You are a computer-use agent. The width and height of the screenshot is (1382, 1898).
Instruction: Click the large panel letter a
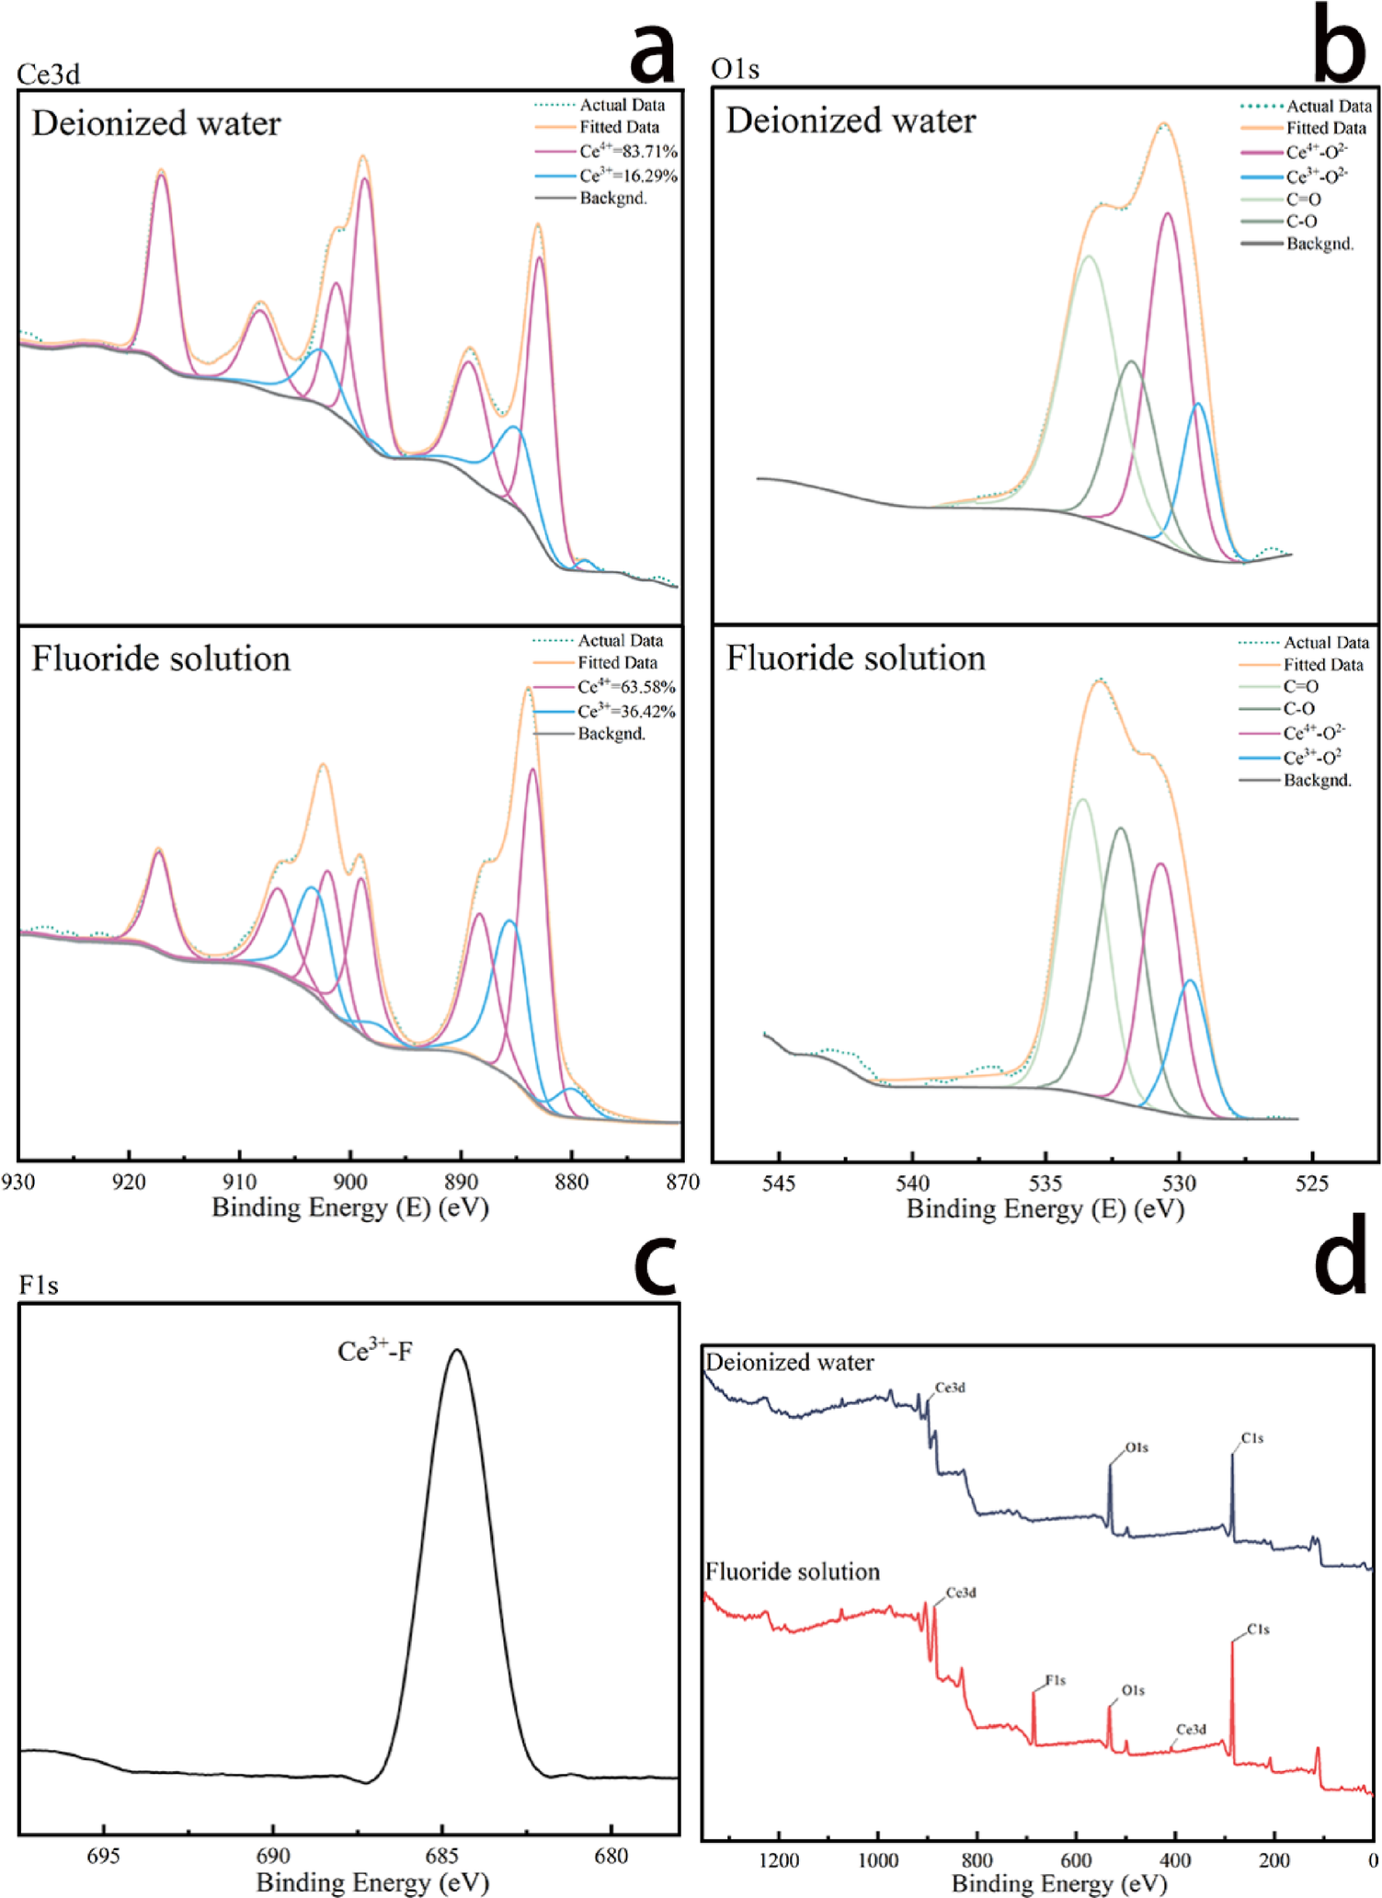[x=653, y=51]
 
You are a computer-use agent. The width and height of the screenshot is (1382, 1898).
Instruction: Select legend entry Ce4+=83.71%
[x=627, y=151]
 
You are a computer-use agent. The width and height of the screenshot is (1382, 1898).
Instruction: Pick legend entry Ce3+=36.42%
[x=625, y=711]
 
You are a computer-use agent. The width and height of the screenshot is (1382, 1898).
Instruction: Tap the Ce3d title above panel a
[x=49, y=74]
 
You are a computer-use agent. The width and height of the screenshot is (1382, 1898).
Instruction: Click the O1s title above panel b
[x=735, y=69]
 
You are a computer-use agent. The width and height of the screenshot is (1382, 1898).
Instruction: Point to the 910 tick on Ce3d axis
[x=239, y=1181]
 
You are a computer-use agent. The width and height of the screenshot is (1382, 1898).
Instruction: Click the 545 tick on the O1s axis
[x=779, y=1183]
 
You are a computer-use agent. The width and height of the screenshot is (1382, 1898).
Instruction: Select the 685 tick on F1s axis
[x=442, y=1856]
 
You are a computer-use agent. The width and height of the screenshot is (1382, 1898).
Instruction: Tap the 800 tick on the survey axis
[x=977, y=1860]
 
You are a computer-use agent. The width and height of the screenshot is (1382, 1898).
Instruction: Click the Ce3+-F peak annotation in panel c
[x=374, y=1351]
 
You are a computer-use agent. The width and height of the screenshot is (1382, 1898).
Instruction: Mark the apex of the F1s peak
[x=456, y=1350]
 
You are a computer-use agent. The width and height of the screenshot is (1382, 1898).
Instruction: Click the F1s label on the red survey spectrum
[x=1055, y=1680]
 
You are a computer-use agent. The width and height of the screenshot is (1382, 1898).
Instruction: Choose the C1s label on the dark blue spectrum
[x=1251, y=1437]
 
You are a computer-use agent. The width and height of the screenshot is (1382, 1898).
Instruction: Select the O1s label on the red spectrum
[x=1133, y=1690]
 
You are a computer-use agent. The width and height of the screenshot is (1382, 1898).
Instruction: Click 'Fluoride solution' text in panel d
[x=792, y=1572]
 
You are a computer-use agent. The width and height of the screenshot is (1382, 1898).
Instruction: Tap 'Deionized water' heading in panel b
[x=851, y=120]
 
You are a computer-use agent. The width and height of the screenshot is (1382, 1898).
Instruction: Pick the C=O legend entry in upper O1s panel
[x=1303, y=199]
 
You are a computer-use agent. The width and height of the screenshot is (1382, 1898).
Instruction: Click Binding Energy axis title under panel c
[x=371, y=1881]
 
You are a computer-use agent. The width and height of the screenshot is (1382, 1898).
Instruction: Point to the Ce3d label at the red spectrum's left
[x=961, y=1593]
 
